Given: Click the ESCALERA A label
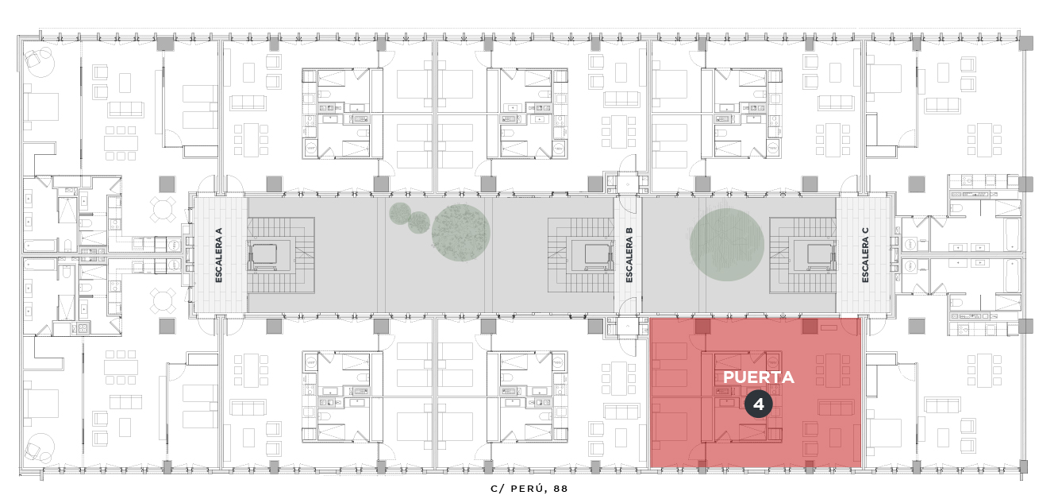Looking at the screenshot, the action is point(219,255).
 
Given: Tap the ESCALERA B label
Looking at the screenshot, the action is point(629,255).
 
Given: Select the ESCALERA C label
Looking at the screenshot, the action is point(865,255).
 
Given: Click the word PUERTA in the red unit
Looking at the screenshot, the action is point(759,377).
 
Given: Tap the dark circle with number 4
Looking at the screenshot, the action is point(759,404).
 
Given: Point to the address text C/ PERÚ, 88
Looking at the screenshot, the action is point(529,489).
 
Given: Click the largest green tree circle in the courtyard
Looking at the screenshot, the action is point(460,232).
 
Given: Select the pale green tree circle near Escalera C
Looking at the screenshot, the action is point(726,245).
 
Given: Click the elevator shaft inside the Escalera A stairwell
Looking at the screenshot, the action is point(264,254).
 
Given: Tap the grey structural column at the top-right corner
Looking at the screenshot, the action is point(1025,44).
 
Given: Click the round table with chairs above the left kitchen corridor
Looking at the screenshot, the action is point(162,209).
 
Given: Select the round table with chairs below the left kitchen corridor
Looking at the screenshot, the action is point(162,301).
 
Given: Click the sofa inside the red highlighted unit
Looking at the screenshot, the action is point(835,408).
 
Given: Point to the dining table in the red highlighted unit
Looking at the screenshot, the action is point(833,369).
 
